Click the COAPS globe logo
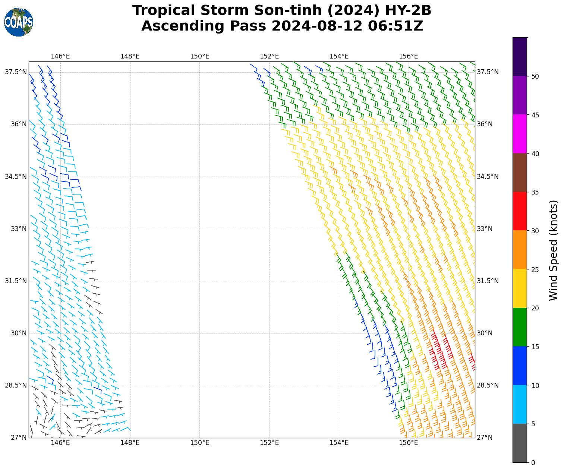click(19, 22)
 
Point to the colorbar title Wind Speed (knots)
click(554, 250)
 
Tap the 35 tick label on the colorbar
click(535, 192)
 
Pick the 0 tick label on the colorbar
click(533, 463)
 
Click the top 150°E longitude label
click(199, 56)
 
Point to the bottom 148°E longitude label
click(130, 443)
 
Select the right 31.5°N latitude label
click(488, 281)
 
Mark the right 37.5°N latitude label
click(488, 72)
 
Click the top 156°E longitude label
click(409, 56)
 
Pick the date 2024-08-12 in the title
click(318, 26)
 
